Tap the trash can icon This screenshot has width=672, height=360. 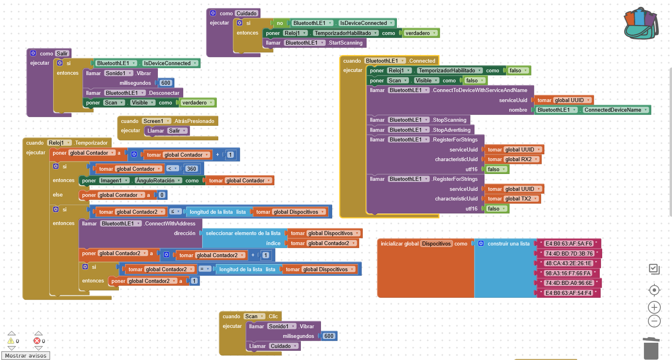(x=651, y=348)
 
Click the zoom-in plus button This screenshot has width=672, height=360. (x=654, y=307)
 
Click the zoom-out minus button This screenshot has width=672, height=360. (x=654, y=321)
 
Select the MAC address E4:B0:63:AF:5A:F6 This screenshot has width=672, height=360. (x=568, y=243)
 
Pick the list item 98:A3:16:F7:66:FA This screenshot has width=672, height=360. (x=568, y=273)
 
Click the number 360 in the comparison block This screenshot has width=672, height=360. (x=192, y=169)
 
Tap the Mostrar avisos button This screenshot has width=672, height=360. (x=26, y=356)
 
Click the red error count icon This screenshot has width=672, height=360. (x=37, y=341)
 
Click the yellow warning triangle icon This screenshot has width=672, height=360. (x=11, y=341)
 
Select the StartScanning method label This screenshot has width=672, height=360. (x=345, y=43)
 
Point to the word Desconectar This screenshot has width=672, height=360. (x=164, y=93)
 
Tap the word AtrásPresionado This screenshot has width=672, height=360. (x=194, y=121)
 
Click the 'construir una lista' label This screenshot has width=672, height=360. (x=508, y=243)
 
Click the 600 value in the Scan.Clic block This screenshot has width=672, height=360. (x=329, y=336)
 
